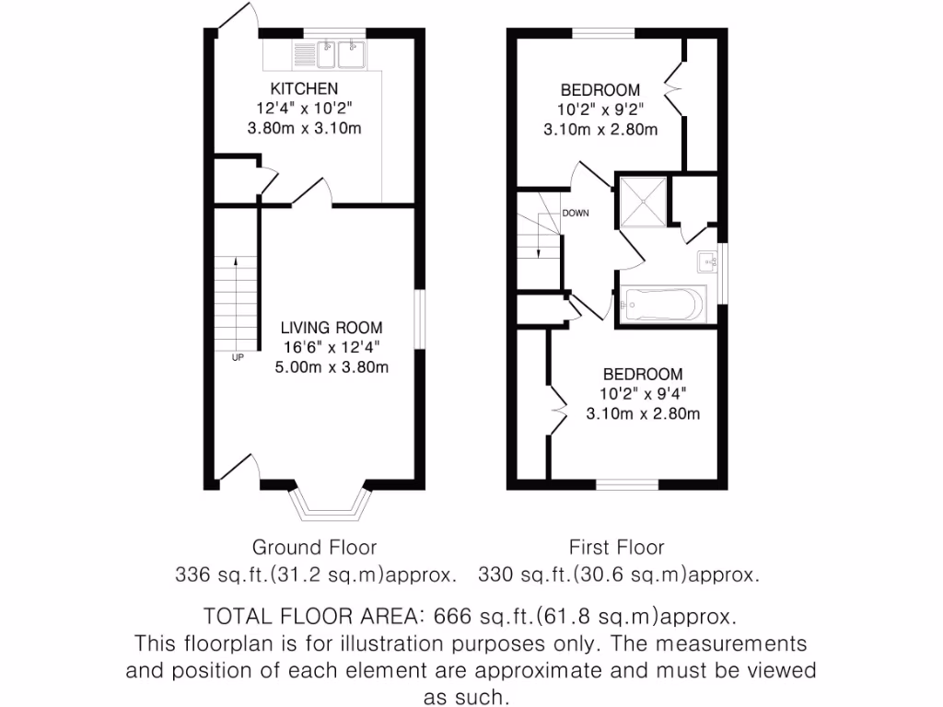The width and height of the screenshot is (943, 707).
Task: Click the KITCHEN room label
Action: [304, 89]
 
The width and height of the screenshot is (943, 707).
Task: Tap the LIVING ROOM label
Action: [332, 328]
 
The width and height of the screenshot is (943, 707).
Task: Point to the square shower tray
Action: [642, 201]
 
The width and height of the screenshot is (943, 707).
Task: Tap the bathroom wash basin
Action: [709, 262]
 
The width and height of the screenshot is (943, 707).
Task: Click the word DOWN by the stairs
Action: [576, 214]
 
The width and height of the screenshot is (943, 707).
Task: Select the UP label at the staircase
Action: [238, 357]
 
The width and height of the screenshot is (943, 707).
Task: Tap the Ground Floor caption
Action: [314, 549]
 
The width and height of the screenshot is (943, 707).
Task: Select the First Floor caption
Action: [617, 549]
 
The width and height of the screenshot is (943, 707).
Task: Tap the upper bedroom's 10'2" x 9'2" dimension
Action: [600, 110]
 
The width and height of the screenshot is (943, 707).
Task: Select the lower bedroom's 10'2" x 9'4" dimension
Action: [643, 394]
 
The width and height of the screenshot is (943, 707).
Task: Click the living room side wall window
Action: [419, 320]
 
